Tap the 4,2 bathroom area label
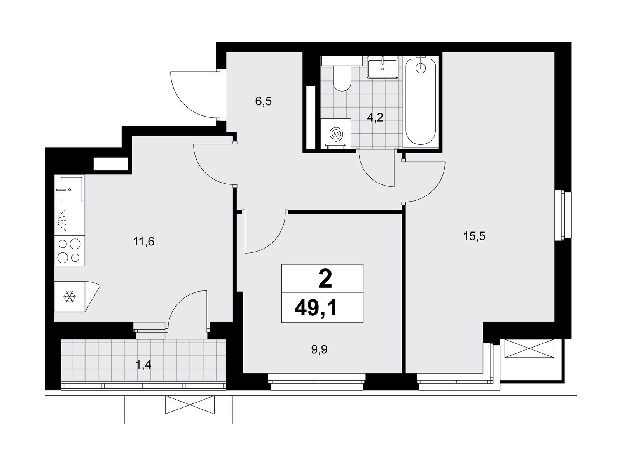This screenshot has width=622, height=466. point(375,117)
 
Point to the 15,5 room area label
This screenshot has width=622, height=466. point(474,236)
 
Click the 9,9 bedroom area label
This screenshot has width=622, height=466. point(320,350)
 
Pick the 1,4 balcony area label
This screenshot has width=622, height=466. point(143,365)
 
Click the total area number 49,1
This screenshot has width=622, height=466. point(316,308)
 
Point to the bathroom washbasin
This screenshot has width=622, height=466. point(383,67)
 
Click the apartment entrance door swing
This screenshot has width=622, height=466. point(194,94)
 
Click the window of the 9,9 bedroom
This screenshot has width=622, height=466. point(317,382)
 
